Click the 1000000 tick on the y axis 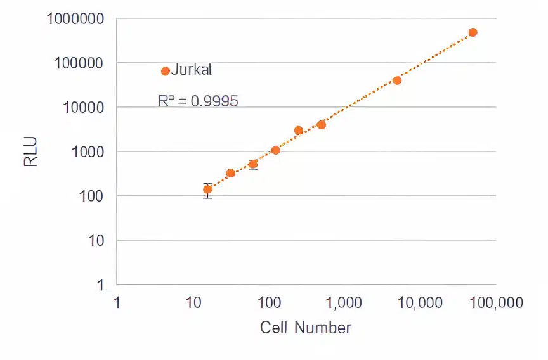pos(75,18)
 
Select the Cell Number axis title pos(306,328)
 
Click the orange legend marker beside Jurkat pos(165,71)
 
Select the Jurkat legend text pos(192,70)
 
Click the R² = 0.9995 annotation pos(198,101)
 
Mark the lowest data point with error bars pos(207,190)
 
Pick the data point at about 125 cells pos(275,150)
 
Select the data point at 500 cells pos(321,125)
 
